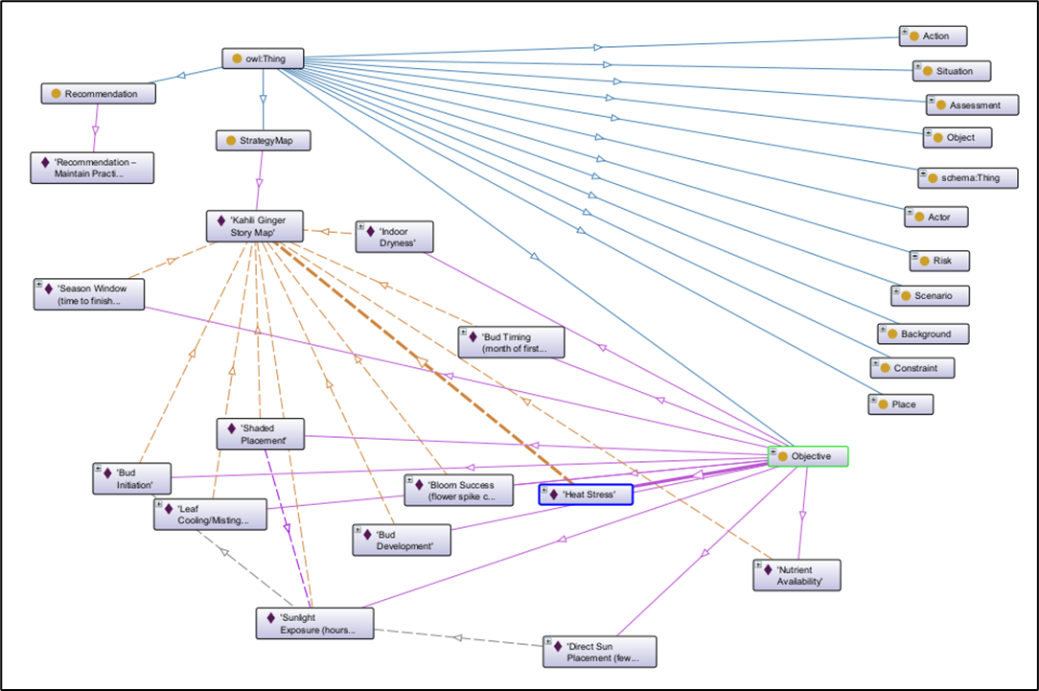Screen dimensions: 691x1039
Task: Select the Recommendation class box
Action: pyautogui.click(x=99, y=94)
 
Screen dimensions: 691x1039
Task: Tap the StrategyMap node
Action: pyautogui.click(x=264, y=141)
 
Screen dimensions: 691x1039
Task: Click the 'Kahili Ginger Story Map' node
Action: pyautogui.click(x=254, y=226)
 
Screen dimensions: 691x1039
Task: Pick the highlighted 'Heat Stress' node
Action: pyautogui.click(x=586, y=495)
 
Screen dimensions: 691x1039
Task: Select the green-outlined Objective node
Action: pyautogui.click(x=808, y=457)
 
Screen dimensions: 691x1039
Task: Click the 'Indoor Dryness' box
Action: pyautogui.click(x=394, y=237)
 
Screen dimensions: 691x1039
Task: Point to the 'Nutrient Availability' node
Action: pyautogui.click(x=797, y=575)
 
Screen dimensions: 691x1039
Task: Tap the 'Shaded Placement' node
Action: pyautogui.click(x=259, y=434)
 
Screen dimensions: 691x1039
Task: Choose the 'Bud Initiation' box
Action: pyautogui.click(x=132, y=478)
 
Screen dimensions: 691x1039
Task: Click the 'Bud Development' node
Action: pyautogui.click(x=402, y=540)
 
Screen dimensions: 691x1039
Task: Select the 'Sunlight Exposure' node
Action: pyautogui.click(x=313, y=624)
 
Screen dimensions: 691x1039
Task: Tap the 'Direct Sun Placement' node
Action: pyautogui.click(x=600, y=652)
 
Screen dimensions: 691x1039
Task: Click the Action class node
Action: pyautogui.click(x=933, y=36)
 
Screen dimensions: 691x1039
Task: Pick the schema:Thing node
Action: pyautogui.click(x=967, y=177)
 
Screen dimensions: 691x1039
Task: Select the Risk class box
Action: pyautogui.click(x=939, y=261)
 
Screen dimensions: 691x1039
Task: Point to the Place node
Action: pyautogui.click(x=901, y=404)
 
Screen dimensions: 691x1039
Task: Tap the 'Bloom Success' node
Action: pyautogui.click(x=458, y=491)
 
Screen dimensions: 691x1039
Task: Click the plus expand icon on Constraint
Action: pyautogui.click(x=875, y=364)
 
